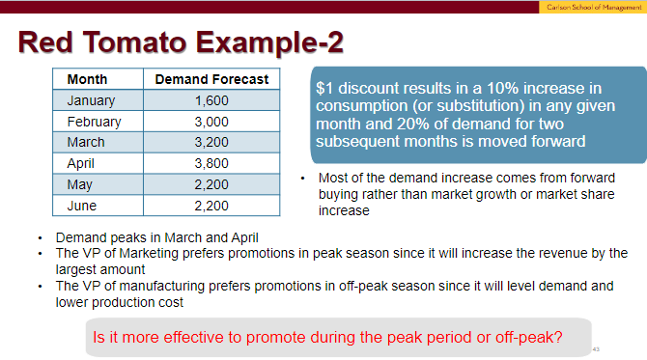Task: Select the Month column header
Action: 88,79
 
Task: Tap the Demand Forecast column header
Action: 211,79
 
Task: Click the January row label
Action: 91,100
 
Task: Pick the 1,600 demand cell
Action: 211,100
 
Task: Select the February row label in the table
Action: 94,122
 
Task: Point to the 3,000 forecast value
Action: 211,122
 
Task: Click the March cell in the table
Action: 86,143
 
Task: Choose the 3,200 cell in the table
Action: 211,143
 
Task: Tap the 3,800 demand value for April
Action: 211,164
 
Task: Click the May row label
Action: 80,185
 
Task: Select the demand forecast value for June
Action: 211,207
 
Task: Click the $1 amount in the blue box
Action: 324,88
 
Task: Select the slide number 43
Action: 596,348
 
